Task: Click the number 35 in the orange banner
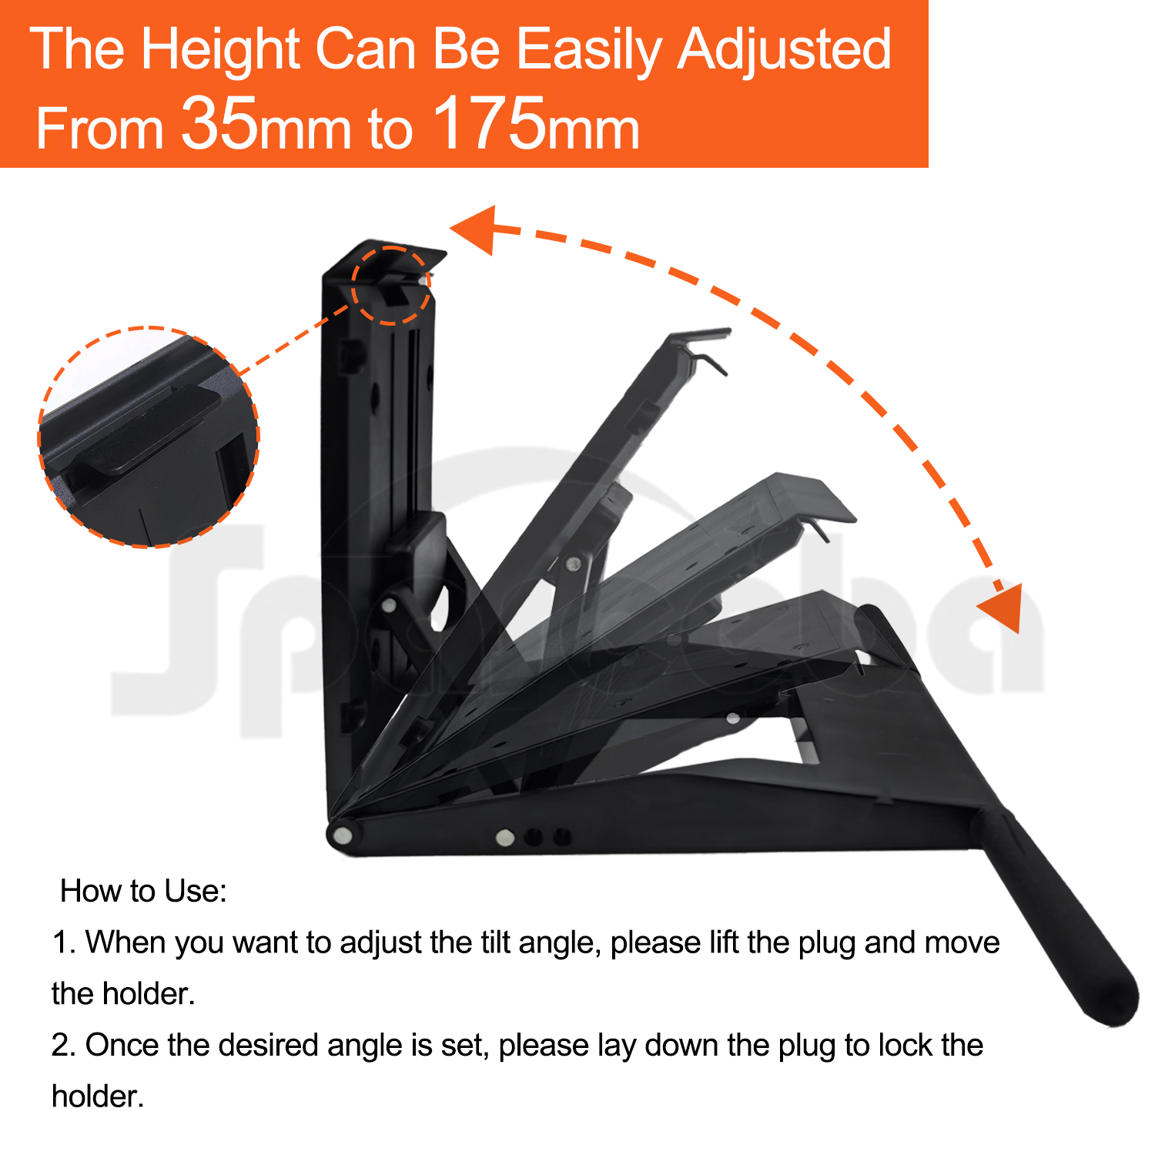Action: pos(219,123)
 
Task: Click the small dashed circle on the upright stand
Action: pos(391,286)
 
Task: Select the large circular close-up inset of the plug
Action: pos(149,437)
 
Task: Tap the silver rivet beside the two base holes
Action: pos(505,837)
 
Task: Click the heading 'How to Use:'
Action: pos(143,891)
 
